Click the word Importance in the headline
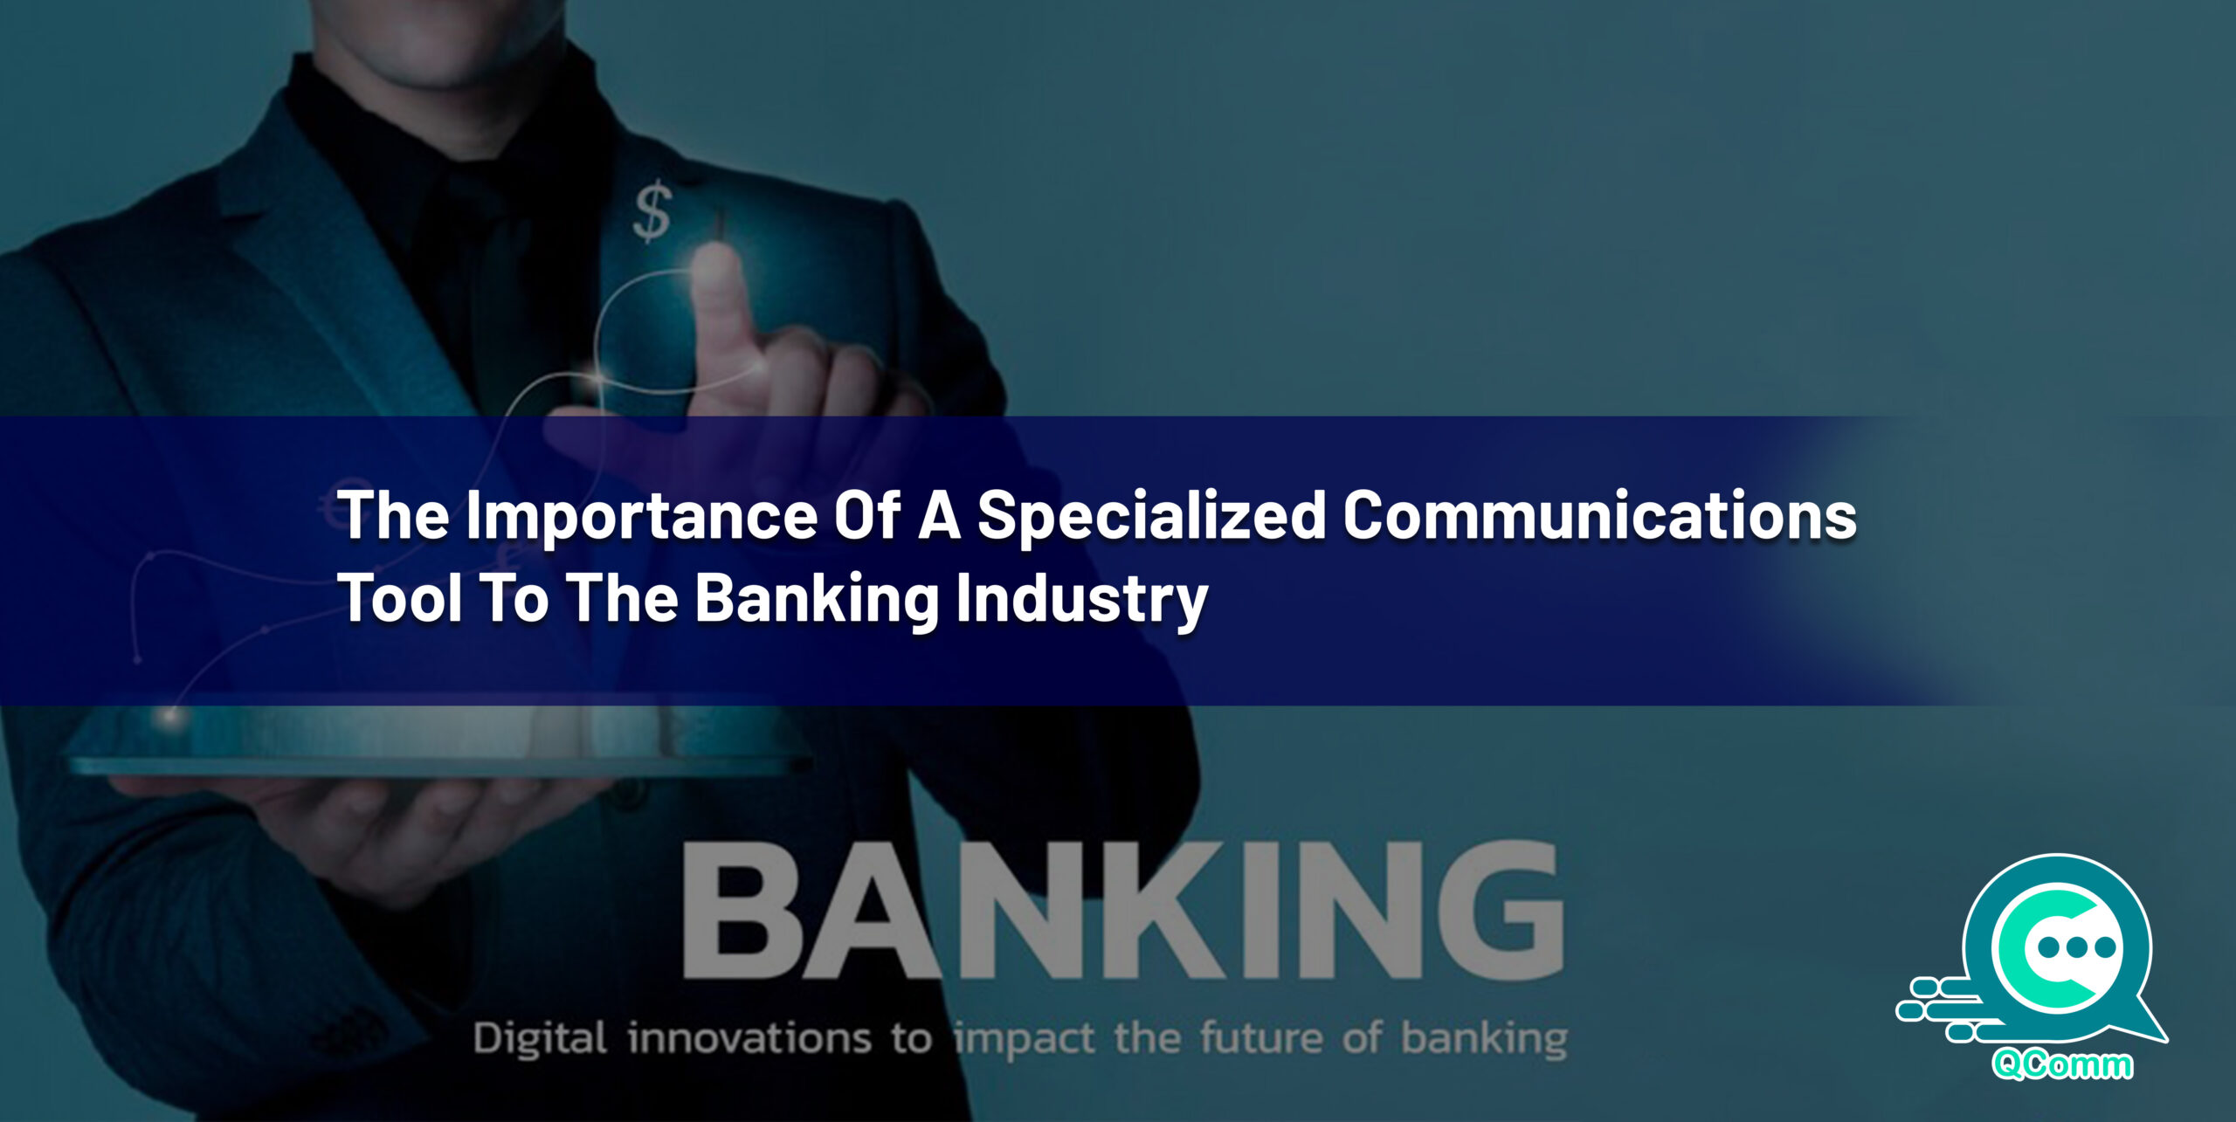point(641,517)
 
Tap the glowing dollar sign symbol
point(652,211)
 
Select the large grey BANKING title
point(1122,910)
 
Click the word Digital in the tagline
point(540,1038)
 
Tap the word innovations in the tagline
point(749,1038)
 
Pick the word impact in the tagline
point(1025,1040)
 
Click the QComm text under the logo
point(2062,1064)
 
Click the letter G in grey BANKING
point(1492,910)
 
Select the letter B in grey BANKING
point(741,910)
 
